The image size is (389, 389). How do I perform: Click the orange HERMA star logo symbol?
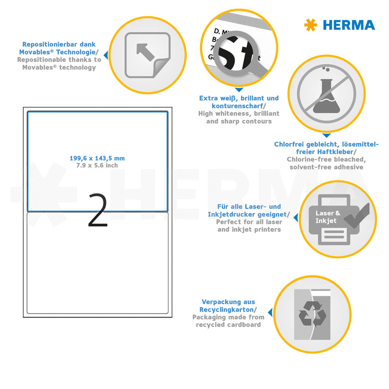pyautogui.click(x=310, y=24)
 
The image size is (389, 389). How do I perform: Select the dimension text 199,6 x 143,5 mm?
pyautogui.click(x=97, y=158)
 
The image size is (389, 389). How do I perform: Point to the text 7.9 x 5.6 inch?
pyautogui.click(x=97, y=165)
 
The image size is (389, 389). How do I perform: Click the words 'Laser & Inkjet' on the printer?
pyautogui.click(x=328, y=217)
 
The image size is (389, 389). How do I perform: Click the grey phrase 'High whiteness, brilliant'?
pyautogui.click(x=239, y=113)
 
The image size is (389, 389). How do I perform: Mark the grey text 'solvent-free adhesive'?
pyautogui.click(x=326, y=167)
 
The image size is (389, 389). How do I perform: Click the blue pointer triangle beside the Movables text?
pyautogui.click(x=106, y=54)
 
